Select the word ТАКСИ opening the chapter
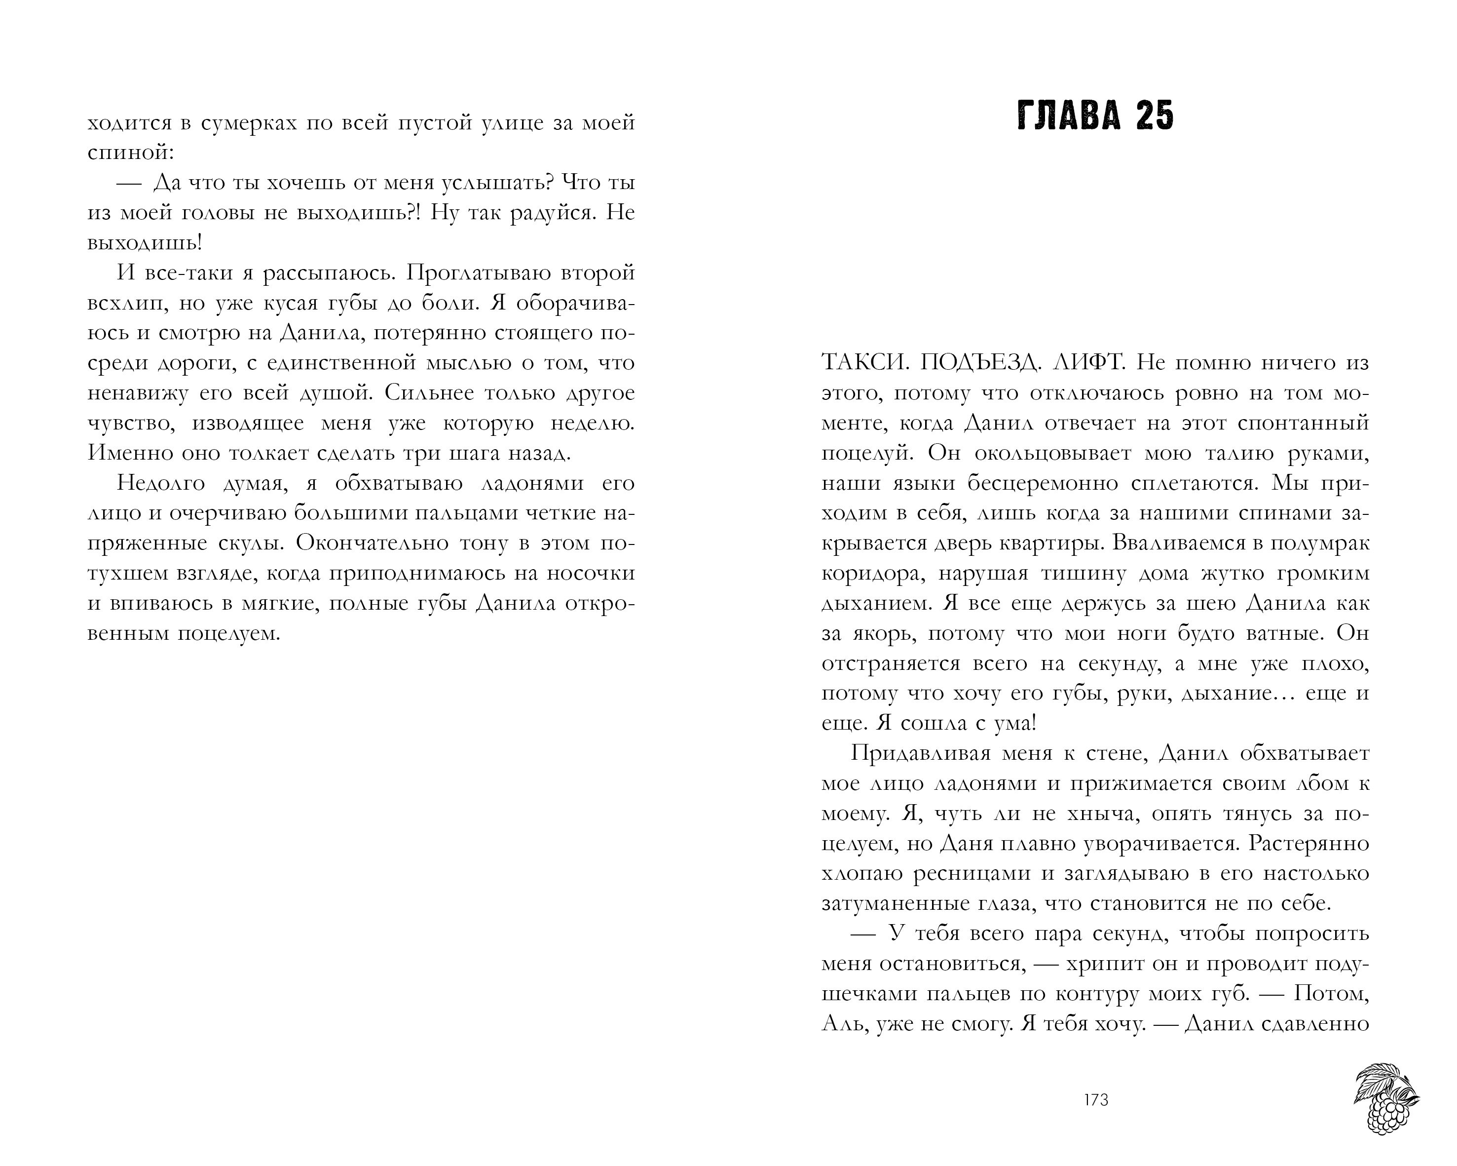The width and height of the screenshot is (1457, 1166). [856, 363]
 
